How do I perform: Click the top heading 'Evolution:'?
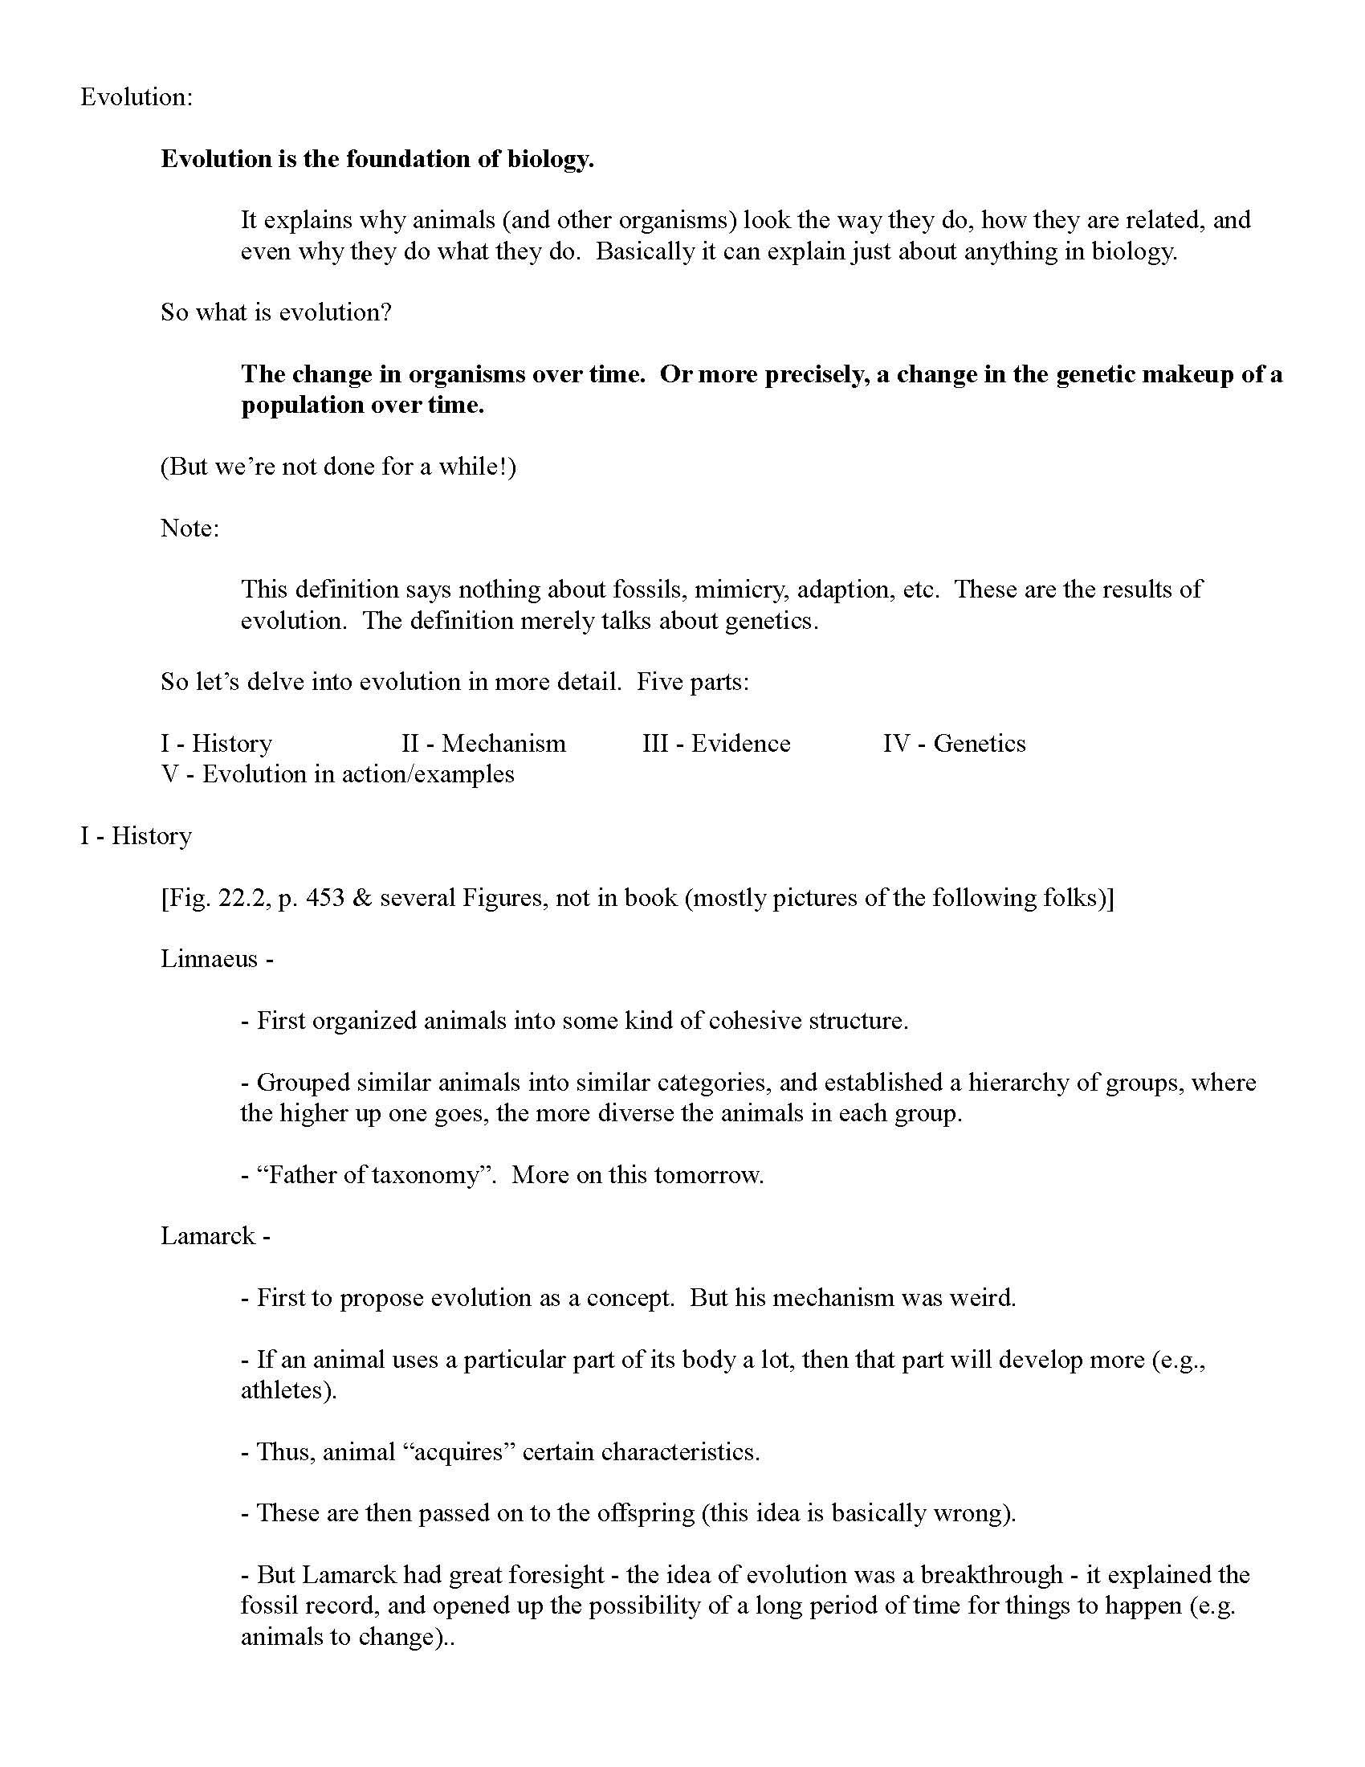pyautogui.click(x=136, y=97)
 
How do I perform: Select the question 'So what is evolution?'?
pyautogui.click(x=275, y=312)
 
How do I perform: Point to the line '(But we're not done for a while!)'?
pyautogui.click(x=338, y=467)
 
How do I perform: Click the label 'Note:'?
pyautogui.click(x=189, y=528)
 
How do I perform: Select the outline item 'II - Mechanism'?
pyautogui.click(x=483, y=744)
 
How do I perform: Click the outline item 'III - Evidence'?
pyautogui.click(x=715, y=744)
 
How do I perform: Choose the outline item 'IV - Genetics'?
pyautogui.click(x=953, y=744)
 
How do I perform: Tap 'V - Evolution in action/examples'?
pyautogui.click(x=337, y=774)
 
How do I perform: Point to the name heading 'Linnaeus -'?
pyautogui.click(x=217, y=959)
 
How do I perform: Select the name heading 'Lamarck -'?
pyautogui.click(x=215, y=1236)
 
